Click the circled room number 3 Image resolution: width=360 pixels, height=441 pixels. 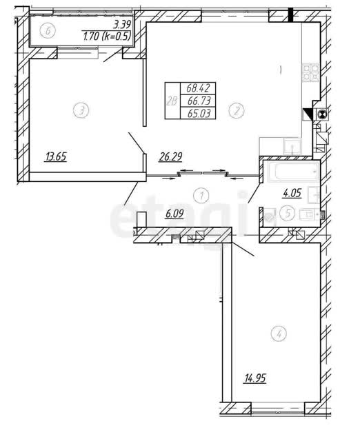coord(81,110)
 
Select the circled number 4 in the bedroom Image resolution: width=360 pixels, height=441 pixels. coord(279,334)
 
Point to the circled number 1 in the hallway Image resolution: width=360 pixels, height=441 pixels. coord(201,196)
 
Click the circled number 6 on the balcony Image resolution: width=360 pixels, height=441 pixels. coord(48,30)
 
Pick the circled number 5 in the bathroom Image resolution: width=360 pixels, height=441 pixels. coord(287,213)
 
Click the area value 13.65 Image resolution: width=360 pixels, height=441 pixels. coord(56,157)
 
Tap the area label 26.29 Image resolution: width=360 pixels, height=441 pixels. coord(170,156)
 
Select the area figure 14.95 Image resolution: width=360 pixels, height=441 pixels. coord(255,378)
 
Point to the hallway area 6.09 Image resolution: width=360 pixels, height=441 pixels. coord(174,214)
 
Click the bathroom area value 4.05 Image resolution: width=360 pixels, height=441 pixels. coord(292,193)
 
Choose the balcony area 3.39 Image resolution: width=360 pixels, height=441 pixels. coord(122,25)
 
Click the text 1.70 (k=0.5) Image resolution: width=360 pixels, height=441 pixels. coord(107,36)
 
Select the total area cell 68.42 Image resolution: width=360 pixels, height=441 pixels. coord(198,88)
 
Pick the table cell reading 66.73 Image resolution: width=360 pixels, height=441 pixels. coord(199,101)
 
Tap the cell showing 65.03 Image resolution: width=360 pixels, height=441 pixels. coord(199,113)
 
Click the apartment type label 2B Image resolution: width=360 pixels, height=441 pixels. coord(172,101)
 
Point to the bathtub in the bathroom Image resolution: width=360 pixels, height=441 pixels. coord(294,172)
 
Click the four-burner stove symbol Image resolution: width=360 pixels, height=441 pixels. coord(311,72)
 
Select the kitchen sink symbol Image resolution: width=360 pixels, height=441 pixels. coord(292,146)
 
